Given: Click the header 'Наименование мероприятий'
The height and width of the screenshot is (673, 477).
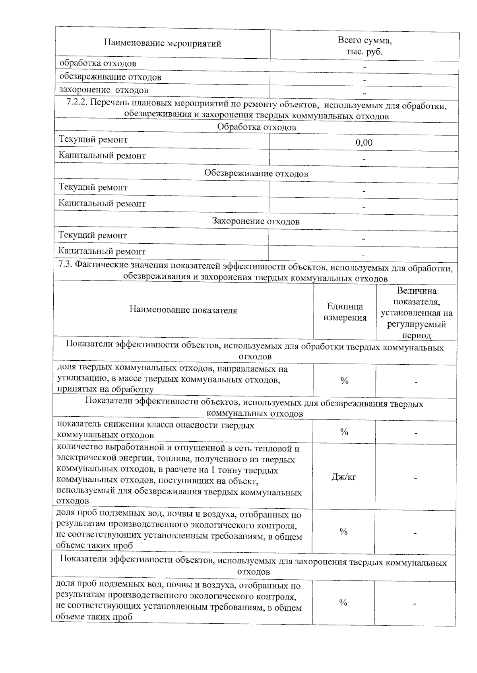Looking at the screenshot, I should coord(162,44).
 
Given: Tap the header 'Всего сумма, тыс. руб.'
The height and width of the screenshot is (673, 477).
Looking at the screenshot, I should coord(364,46).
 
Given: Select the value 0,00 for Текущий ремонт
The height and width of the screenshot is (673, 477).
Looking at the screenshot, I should coord(364,143).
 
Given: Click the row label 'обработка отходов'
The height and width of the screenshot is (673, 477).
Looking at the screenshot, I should coord(98,63).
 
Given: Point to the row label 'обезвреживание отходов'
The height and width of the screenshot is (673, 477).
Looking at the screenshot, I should coord(110,77).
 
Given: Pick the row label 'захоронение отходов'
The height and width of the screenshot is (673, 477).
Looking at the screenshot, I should coord(104,90).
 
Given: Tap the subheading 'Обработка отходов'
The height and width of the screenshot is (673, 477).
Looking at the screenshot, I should coord(256,127).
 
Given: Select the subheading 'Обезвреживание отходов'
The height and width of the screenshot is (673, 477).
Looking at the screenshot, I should coord(256,173).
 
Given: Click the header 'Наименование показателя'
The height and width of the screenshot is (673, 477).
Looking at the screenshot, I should coord(183,310).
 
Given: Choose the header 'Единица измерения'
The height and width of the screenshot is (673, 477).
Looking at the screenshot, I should coord(345,312).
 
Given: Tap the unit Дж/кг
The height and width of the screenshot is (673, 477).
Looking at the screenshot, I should coord(344,477).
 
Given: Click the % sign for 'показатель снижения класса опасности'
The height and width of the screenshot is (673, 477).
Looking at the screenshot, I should coord(344,432).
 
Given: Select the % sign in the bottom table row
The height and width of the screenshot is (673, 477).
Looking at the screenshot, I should coord(343,603).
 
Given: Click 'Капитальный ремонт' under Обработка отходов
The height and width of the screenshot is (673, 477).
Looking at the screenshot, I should coord(102,156).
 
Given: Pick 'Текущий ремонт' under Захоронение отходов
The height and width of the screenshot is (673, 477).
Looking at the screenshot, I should coord(93,235).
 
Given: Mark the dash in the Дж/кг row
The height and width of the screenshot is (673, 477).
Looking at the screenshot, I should coord(415,478).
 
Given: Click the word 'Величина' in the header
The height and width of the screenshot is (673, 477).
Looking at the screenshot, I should coord(417,291).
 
